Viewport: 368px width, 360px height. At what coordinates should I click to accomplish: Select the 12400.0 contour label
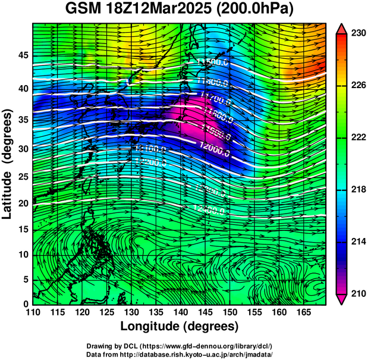click(x=209, y=209)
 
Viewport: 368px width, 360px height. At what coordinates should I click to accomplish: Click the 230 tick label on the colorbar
click(x=358, y=34)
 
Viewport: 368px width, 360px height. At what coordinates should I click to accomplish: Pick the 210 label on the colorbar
click(x=358, y=293)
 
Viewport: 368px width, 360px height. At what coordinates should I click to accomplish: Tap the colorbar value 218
click(x=358, y=190)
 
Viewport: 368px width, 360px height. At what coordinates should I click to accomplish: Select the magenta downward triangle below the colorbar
click(x=342, y=299)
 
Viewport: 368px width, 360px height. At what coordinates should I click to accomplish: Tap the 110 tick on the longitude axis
click(x=33, y=312)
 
